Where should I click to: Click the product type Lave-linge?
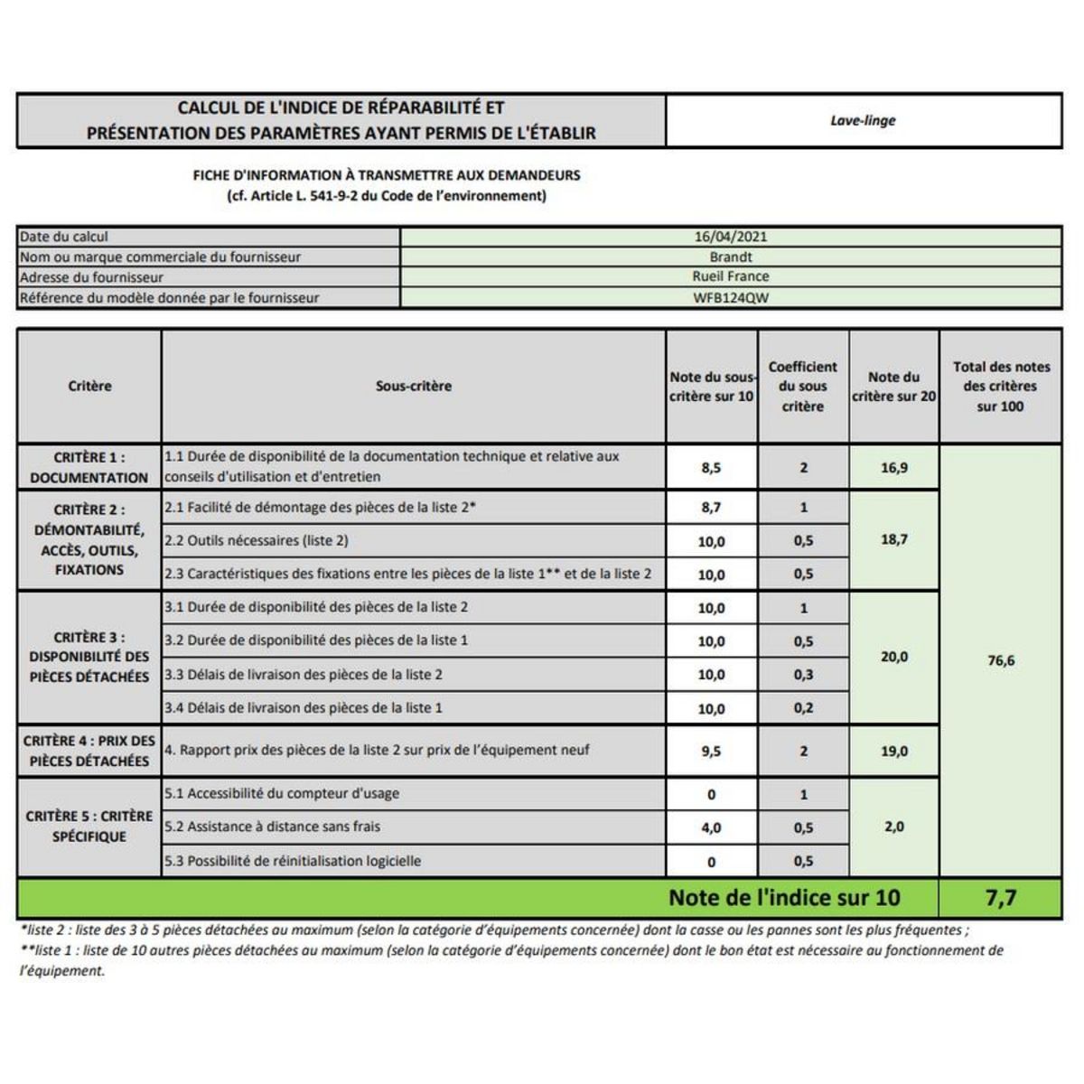pos(863,120)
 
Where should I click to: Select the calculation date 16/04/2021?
pos(731,237)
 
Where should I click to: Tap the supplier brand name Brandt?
pos(731,257)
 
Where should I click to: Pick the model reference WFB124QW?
pos(731,297)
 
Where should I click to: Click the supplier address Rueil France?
pos(731,276)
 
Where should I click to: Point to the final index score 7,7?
pos(1001,897)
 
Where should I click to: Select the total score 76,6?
pos(1001,660)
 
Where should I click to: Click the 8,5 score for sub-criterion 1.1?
pos(711,468)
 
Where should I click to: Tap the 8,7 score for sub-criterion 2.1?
pos(711,508)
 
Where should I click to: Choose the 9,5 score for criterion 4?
pos(711,751)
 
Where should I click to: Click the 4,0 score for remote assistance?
pos(711,827)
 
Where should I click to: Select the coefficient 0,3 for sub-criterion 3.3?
pos(803,675)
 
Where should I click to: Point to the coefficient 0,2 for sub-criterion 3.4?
pos(803,708)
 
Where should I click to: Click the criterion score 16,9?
pos(894,468)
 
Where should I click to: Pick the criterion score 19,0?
pos(894,751)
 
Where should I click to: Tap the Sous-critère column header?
pos(414,386)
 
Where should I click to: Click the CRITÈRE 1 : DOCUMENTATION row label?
pos(89,467)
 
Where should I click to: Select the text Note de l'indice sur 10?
pos(784,897)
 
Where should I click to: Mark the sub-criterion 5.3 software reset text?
pos(293,861)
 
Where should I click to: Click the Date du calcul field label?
pos(64,237)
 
